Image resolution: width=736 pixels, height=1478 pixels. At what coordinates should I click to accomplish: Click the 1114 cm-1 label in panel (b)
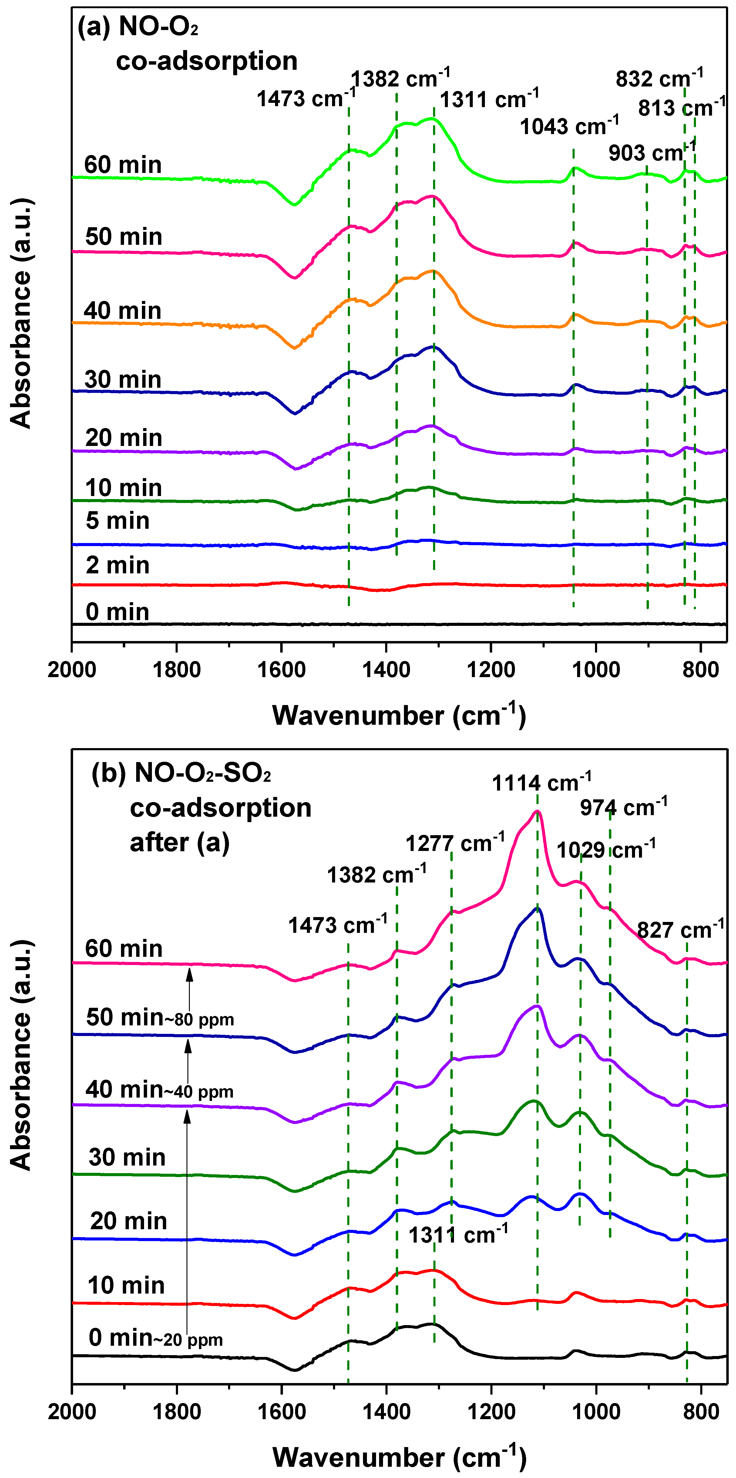coord(541,783)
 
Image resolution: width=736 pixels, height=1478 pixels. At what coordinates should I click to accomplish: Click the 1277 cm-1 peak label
coord(455,843)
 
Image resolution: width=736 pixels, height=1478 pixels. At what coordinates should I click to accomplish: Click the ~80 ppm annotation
coord(200,1020)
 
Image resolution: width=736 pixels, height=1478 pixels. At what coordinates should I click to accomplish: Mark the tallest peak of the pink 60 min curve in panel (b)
coord(537,811)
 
